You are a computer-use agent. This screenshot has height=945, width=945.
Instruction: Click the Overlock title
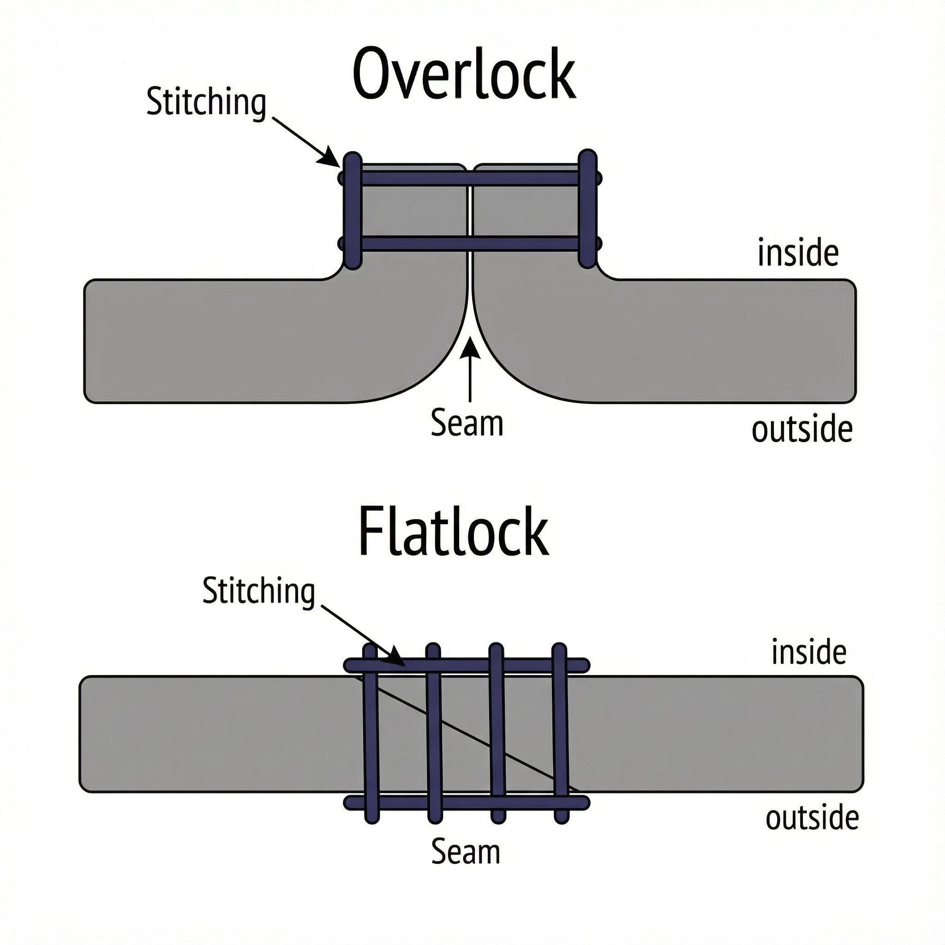point(463,74)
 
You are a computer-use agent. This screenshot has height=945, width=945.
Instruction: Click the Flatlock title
point(454,532)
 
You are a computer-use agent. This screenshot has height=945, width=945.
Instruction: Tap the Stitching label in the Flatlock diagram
point(258,592)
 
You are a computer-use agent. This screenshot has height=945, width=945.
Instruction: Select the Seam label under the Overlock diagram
point(467,424)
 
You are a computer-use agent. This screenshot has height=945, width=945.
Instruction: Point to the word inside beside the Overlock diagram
point(798,253)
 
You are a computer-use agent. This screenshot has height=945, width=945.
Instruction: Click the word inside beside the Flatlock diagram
point(808,652)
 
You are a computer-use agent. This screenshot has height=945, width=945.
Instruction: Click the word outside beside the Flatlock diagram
point(812,818)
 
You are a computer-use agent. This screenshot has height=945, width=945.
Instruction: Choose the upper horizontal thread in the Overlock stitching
point(470,178)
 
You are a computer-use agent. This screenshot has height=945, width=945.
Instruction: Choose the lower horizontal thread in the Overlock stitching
point(470,244)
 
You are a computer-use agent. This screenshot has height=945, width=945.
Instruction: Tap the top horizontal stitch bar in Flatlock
point(489,665)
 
